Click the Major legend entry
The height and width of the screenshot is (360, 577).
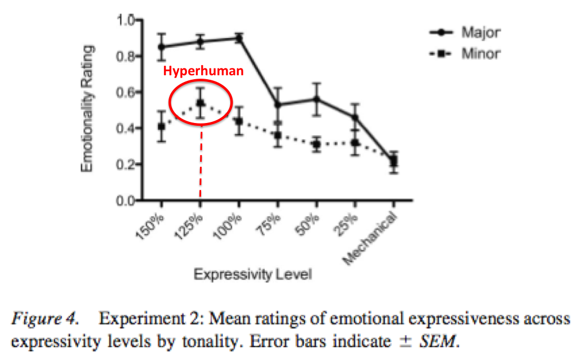480,32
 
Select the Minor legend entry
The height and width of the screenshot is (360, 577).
480,54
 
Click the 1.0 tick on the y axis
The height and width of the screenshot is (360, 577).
125,20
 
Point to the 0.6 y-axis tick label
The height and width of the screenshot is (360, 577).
125,93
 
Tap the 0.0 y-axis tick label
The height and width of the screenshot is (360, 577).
125,201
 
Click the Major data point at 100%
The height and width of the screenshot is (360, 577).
239,38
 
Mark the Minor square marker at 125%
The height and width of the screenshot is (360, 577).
200,103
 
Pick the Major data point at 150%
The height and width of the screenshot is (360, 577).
162,47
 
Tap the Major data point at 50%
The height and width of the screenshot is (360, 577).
316,99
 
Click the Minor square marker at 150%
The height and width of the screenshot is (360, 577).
162,126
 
